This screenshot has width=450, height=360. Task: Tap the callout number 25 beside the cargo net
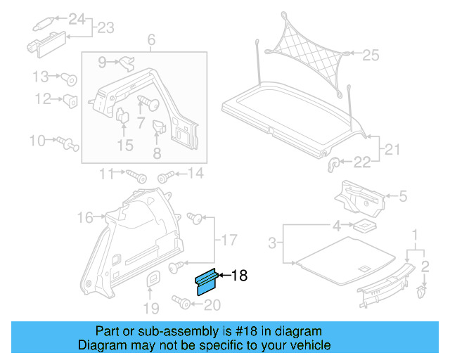tap(370, 54)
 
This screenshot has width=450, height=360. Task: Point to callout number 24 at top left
tap(76, 18)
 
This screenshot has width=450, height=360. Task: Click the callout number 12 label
tap(44, 99)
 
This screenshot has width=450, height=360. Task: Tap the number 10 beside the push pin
tap(37, 141)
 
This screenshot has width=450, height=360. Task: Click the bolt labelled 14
tap(167, 175)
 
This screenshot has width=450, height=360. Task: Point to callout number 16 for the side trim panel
tap(85, 218)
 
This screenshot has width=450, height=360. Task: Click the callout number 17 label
tap(229, 241)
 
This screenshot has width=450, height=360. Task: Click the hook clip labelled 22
tap(335, 163)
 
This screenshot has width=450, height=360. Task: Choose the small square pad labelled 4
tap(363, 226)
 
